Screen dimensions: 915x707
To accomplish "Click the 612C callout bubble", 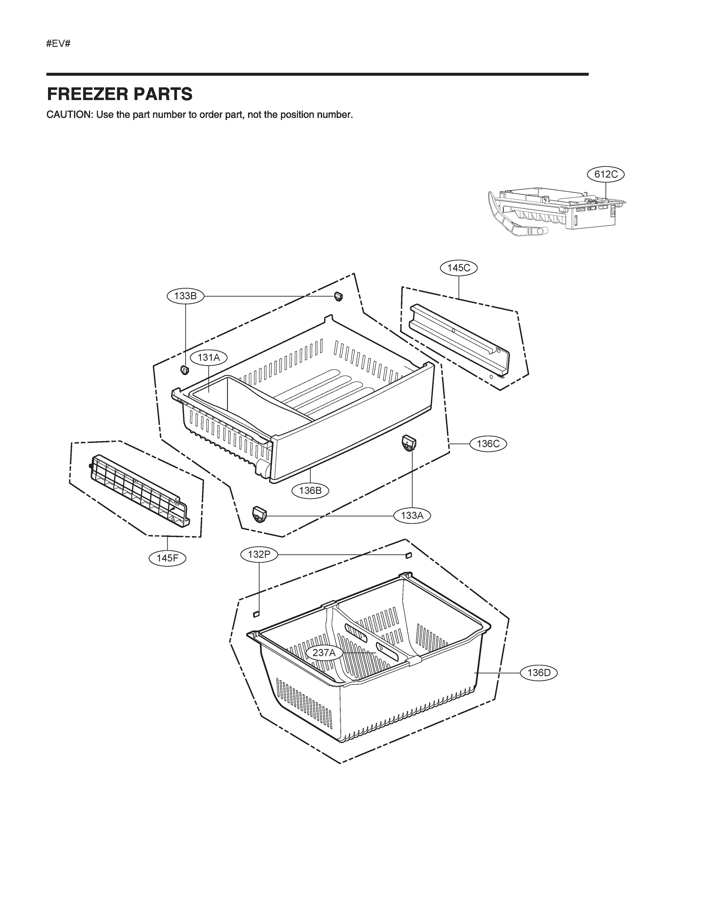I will (606, 174).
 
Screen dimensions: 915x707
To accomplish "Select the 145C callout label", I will (459, 268).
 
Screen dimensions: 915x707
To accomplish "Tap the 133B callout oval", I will (186, 296).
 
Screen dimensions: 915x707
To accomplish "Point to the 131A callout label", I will (208, 357).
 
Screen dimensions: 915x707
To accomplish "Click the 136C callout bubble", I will (488, 444).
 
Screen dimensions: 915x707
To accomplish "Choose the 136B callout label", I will (310, 490).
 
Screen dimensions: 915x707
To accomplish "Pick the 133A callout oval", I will (412, 516).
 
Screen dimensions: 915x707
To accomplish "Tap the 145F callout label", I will (168, 558).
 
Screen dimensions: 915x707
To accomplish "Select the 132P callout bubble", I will (259, 555).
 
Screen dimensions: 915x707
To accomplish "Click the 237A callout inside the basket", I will (324, 653).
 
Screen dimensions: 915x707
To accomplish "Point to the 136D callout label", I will (539, 673).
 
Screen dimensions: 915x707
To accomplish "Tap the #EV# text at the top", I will (58, 43).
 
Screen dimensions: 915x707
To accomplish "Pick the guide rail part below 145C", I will (459, 339).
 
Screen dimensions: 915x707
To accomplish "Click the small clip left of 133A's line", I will (259, 514).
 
